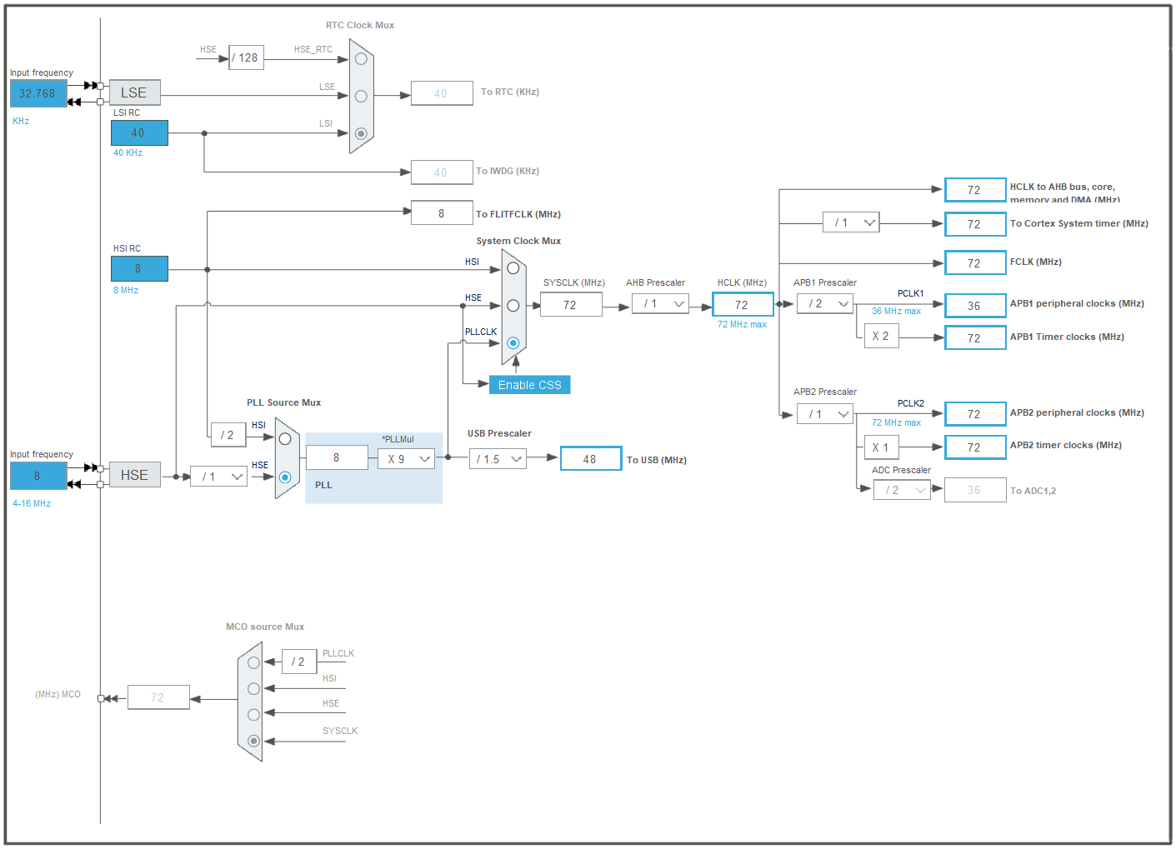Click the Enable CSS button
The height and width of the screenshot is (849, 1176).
pyautogui.click(x=529, y=385)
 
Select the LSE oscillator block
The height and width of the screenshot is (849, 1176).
pyautogui.click(x=134, y=92)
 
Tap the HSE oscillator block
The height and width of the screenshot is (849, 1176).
pyautogui.click(x=134, y=475)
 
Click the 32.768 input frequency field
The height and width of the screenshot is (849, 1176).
pyautogui.click(x=38, y=93)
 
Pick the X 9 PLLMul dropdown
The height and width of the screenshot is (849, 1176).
pyautogui.click(x=407, y=459)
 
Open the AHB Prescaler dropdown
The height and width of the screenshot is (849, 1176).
pyautogui.click(x=660, y=304)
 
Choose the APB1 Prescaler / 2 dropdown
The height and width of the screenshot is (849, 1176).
pyautogui.click(x=825, y=304)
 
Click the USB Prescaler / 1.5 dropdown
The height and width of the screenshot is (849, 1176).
pyautogui.click(x=498, y=459)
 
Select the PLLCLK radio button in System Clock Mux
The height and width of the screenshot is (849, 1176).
pyautogui.click(x=513, y=343)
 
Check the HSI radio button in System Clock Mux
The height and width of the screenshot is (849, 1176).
pyautogui.click(x=513, y=268)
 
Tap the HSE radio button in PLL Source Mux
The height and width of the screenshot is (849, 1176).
pyautogui.click(x=285, y=477)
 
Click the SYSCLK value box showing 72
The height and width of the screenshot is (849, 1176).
pyautogui.click(x=571, y=305)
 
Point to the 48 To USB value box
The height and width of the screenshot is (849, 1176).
pyautogui.click(x=591, y=459)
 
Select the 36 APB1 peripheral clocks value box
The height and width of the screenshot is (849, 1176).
pyautogui.click(x=974, y=306)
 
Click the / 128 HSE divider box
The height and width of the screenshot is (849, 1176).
pyautogui.click(x=246, y=57)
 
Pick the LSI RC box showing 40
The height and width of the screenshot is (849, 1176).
pyautogui.click(x=139, y=132)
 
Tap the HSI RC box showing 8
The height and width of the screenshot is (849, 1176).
pyautogui.click(x=139, y=268)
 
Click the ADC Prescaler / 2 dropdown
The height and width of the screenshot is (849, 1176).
pyautogui.click(x=902, y=490)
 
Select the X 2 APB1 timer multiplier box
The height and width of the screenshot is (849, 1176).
pyautogui.click(x=881, y=337)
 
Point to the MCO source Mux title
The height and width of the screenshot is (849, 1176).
pyautogui.click(x=265, y=627)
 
